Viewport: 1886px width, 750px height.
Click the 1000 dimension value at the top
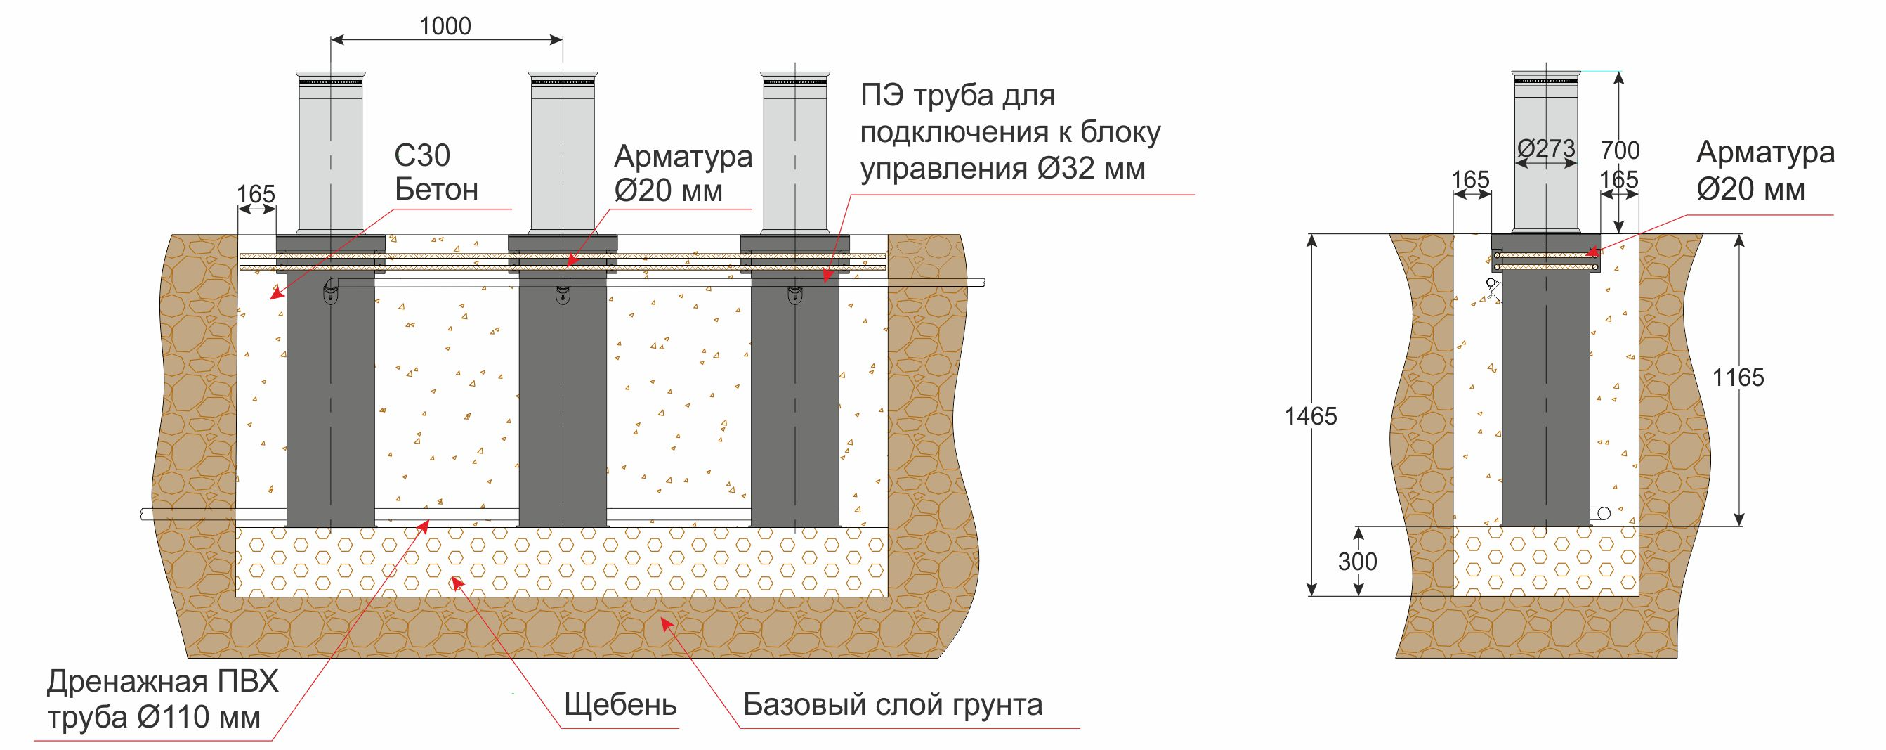445,27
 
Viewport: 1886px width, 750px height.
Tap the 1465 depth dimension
1311,416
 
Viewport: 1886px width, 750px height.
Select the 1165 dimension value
1738,377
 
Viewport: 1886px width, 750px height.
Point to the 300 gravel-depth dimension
1357,561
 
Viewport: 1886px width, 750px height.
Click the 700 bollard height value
1620,150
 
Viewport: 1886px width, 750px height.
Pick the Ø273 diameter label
1545,149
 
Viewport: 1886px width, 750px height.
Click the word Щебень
620,705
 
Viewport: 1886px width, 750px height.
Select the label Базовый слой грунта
893,704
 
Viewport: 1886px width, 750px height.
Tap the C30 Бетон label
436,173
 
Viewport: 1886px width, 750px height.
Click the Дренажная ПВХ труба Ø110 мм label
162,700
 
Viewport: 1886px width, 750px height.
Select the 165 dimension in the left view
256,194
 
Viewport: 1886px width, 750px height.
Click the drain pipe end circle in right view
1604,513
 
